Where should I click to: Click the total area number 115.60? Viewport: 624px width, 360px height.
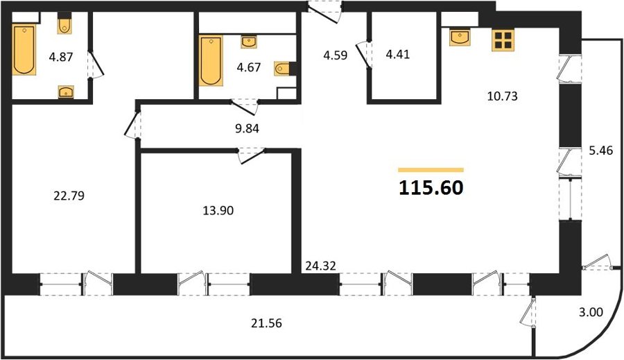click(431, 187)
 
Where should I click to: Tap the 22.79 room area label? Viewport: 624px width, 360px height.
click(69, 196)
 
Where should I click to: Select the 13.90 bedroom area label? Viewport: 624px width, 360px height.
click(218, 210)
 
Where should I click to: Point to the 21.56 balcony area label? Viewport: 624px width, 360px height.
click(266, 323)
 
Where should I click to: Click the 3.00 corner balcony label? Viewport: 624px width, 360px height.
click(591, 312)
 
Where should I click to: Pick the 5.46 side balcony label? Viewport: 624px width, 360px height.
click(601, 151)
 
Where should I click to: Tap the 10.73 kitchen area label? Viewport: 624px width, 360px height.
click(502, 96)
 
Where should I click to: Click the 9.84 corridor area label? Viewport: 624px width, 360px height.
click(247, 128)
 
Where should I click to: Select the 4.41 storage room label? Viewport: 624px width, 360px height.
click(397, 54)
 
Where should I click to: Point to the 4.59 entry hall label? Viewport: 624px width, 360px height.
click(335, 55)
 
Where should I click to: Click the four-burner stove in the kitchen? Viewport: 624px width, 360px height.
click(503, 40)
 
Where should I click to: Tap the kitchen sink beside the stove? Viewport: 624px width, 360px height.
click(460, 37)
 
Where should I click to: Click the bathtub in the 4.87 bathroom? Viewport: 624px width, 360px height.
click(24, 49)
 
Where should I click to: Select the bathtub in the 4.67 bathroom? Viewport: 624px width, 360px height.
click(211, 60)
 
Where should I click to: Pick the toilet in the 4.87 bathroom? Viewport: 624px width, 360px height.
click(64, 23)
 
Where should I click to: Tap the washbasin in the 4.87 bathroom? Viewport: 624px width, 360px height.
click(66, 92)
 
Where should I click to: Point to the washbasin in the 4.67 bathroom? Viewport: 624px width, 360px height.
click(249, 42)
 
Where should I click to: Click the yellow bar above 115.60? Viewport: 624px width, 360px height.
click(431, 170)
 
